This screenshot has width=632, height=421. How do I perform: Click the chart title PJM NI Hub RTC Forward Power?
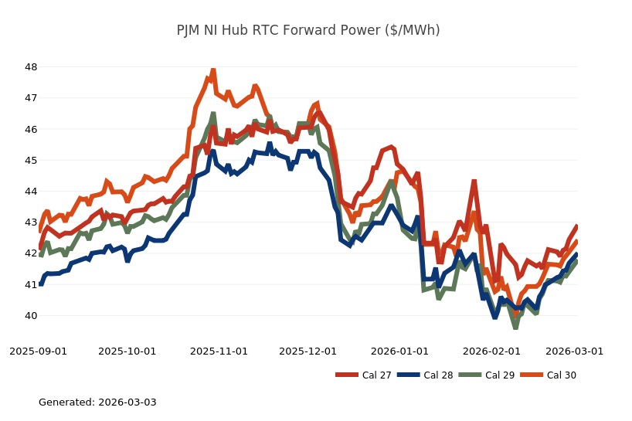point(308,30)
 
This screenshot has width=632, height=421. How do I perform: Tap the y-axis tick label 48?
point(31,67)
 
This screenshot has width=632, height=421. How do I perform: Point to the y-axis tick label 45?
point(31,161)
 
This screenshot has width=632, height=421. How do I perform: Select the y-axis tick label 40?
point(31,316)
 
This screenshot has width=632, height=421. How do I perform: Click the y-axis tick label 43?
point(31,222)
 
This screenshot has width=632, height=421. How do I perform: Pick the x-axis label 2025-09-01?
point(38,351)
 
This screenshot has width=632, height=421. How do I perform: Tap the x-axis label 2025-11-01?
point(219,351)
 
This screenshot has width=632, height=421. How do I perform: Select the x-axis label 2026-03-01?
point(574,351)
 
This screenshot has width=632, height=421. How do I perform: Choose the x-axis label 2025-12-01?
point(308,351)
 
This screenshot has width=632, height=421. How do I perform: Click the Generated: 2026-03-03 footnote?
point(97,402)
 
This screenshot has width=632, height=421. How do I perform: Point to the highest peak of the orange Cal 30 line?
point(213,70)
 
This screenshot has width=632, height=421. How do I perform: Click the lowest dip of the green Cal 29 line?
point(515,328)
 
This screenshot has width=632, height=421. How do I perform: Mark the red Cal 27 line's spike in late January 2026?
point(474,182)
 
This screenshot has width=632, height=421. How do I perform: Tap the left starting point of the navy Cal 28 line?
point(41,284)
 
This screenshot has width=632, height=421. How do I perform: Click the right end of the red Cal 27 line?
point(576,226)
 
